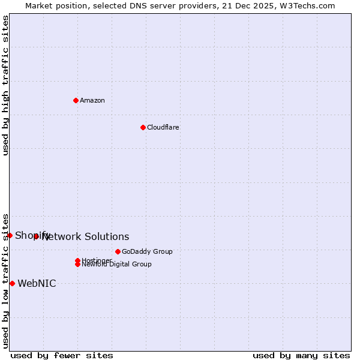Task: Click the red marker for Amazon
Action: [x=76, y=100]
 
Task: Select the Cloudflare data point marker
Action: [x=143, y=127]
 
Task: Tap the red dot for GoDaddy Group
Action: [x=118, y=251]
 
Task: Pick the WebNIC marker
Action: [x=12, y=283]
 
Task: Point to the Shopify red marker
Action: [x=10, y=235]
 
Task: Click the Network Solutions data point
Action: [x=36, y=236]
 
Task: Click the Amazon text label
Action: [x=92, y=100]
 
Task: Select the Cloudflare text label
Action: [x=163, y=127]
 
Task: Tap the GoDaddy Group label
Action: [x=146, y=251]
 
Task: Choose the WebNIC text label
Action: [x=37, y=284]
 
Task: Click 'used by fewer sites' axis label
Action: [x=62, y=355]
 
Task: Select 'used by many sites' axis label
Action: [x=301, y=355]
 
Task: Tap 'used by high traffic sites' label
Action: [x=5, y=85]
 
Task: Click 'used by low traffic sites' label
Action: [x=5, y=280]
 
